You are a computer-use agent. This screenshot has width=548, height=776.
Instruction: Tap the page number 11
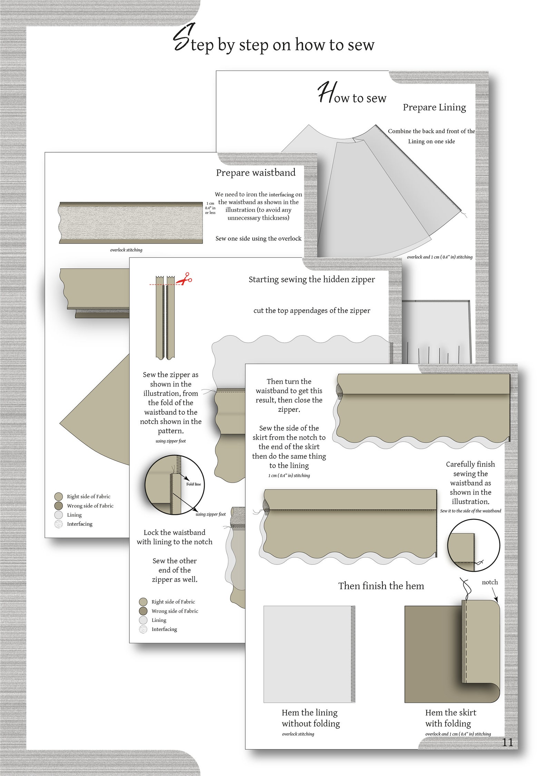click(x=507, y=742)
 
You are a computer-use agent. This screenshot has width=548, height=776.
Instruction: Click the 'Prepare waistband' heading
click(x=256, y=173)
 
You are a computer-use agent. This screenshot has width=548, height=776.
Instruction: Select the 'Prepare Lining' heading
click(x=434, y=107)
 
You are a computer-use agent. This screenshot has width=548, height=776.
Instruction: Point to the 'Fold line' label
click(x=193, y=484)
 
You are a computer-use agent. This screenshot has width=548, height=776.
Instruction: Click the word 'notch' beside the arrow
click(x=490, y=582)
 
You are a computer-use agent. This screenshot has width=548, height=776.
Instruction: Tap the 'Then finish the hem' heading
click(x=381, y=586)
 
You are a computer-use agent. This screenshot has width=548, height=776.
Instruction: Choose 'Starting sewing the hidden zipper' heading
click(x=312, y=280)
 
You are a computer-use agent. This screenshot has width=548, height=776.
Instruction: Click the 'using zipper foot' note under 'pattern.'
click(x=170, y=441)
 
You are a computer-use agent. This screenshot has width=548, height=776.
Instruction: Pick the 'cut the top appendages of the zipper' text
click(x=312, y=311)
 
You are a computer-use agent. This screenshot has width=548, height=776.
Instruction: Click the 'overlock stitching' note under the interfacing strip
click(x=126, y=250)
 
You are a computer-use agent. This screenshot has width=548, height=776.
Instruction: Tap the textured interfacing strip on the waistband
click(x=131, y=223)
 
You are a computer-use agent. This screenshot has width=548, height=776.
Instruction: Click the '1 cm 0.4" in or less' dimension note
click(x=210, y=208)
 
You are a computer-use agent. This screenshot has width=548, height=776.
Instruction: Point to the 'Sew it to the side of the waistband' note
click(x=470, y=511)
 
